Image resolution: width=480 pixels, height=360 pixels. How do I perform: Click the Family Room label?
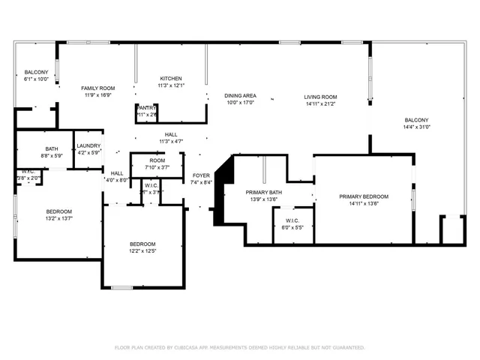pyautogui.click(x=97, y=88)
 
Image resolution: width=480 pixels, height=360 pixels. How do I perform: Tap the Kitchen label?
pyautogui.click(x=170, y=79)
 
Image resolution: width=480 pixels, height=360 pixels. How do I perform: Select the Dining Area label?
pyautogui.click(x=241, y=95)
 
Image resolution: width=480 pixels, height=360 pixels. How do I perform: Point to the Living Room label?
pyautogui.click(x=320, y=97)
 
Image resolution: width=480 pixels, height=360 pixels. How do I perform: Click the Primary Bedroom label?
pyautogui.click(x=363, y=196)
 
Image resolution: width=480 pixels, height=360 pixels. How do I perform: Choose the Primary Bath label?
pyautogui.click(x=264, y=193)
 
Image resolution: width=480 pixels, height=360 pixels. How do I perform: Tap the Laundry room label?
pyautogui.click(x=88, y=146)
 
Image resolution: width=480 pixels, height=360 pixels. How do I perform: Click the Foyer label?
pyautogui.click(x=201, y=175)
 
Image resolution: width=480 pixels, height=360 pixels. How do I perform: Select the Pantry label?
pyautogui.click(x=146, y=108)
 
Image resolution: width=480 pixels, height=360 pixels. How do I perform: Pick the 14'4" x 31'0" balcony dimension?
pyautogui.click(x=416, y=127)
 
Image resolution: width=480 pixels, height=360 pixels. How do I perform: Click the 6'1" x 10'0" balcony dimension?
pyautogui.click(x=36, y=79)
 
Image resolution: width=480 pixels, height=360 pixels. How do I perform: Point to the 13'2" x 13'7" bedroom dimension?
pyautogui.click(x=58, y=219)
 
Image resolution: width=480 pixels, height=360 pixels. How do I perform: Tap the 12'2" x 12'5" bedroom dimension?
pyautogui.click(x=142, y=251)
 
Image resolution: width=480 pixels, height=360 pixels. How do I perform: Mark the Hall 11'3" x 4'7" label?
pyautogui.click(x=170, y=138)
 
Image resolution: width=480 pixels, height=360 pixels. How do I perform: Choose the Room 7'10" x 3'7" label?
pyautogui.click(x=157, y=163)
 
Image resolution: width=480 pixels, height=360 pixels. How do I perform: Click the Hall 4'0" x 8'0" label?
pyautogui.click(x=117, y=176)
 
